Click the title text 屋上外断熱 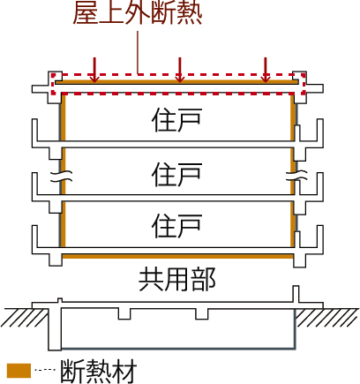[138, 13]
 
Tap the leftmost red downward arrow [94, 70]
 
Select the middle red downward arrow [180, 70]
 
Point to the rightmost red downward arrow [266, 70]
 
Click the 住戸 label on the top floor [176, 120]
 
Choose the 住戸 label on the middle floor [176, 175]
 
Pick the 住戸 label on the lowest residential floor [176, 226]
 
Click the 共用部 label [177, 279]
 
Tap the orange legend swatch [19, 371]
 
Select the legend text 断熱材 [99, 371]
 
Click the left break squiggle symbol [61, 176]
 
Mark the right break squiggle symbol [297, 176]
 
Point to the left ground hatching [25, 318]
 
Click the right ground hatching [327, 318]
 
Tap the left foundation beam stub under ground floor [124, 313]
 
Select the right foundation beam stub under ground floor [202, 313]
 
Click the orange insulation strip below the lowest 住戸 [178, 256]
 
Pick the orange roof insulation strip [176, 82]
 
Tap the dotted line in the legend [45, 370]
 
